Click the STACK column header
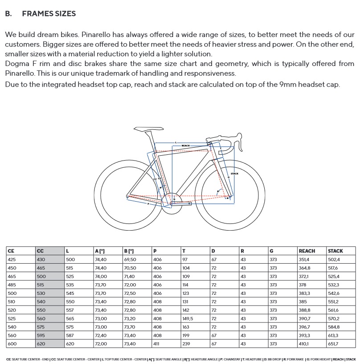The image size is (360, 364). click(x=335, y=251)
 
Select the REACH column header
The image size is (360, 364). click(x=307, y=251)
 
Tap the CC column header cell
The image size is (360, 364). click(x=40, y=251)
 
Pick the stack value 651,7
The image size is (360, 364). click(x=333, y=344)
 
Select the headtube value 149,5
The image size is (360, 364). click(x=189, y=318)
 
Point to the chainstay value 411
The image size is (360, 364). click(x=156, y=344)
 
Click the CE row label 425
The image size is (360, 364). click(x=11, y=259)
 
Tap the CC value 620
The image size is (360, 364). click(x=41, y=344)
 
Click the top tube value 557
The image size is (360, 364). click(x=70, y=310)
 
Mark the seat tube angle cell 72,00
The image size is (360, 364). click(x=101, y=344)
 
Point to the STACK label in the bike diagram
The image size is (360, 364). click(x=234, y=174)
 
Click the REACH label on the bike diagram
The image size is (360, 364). click(x=185, y=145)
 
